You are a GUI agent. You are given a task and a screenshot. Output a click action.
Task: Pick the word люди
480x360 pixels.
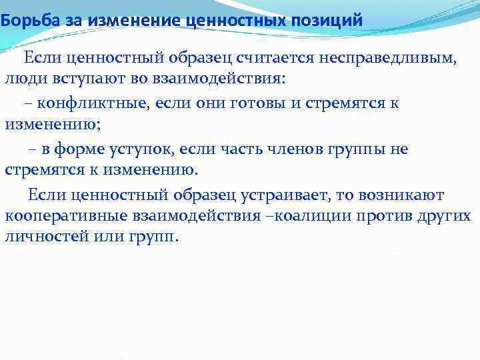[x=24, y=79]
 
